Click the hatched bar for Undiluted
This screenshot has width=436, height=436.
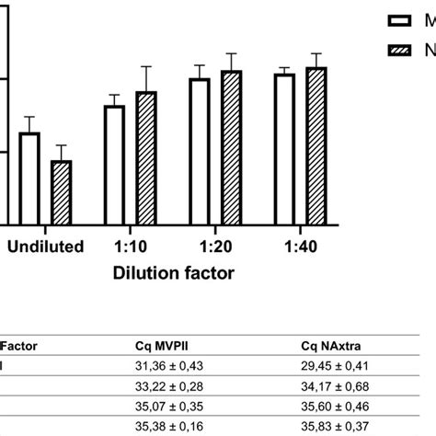pos(61,192)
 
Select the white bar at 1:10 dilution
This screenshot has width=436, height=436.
pos(114,165)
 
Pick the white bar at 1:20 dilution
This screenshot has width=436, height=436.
pos(200,151)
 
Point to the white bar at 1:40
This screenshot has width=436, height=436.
pos(285,149)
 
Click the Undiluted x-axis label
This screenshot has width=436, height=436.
pos(46,247)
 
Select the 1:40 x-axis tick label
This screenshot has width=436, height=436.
pos(300,247)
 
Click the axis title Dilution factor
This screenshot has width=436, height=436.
pos(173,273)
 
